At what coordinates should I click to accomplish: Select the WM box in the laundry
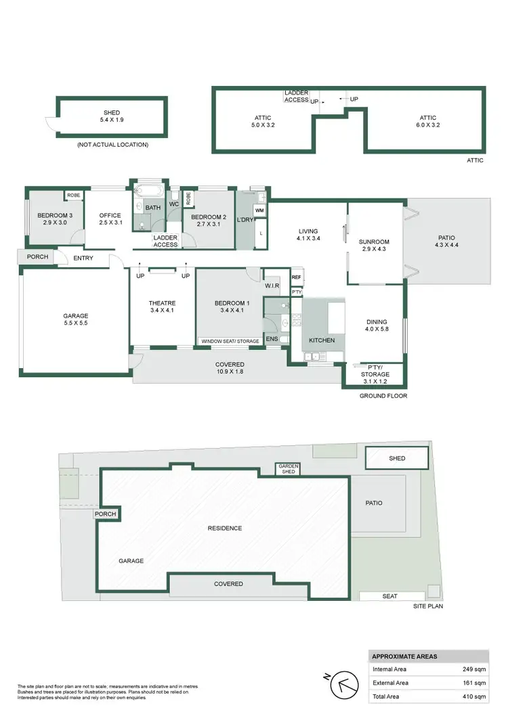[260, 211]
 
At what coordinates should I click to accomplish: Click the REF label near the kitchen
[296, 277]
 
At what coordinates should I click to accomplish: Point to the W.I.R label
[273, 286]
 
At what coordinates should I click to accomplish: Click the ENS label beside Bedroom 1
[272, 339]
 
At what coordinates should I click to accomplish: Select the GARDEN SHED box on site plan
[287, 469]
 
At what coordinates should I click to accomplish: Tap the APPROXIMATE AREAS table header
[405, 656]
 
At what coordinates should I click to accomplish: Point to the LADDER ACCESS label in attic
[297, 96]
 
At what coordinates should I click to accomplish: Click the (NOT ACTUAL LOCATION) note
[112, 144]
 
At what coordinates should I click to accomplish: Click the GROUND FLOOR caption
[383, 395]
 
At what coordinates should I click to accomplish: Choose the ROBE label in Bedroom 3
[72, 196]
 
